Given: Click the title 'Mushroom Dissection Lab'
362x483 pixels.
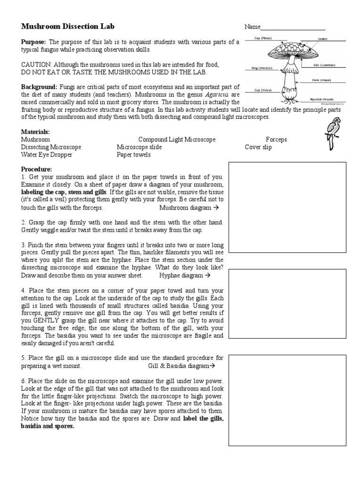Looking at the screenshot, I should point(68,26).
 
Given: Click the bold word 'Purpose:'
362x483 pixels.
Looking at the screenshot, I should point(33,42).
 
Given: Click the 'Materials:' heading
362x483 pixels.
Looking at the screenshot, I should point(35,132).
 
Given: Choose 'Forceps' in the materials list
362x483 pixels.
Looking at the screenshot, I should point(276,140).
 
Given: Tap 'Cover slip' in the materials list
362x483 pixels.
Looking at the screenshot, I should point(258,147).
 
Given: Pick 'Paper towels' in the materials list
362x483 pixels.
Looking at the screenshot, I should point(134,154).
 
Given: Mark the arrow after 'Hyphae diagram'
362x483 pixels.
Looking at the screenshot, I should point(207,275).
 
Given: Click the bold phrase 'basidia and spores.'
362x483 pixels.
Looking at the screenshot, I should point(48,425).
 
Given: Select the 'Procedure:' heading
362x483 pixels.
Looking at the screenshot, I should point(37,169).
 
